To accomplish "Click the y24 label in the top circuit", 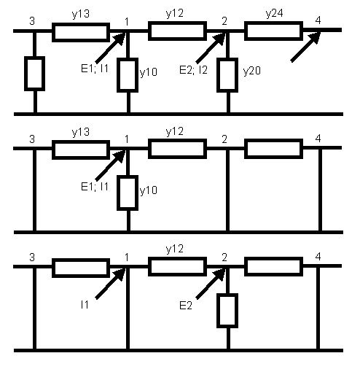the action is (x=274, y=14).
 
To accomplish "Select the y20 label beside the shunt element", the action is (x=252, y=71).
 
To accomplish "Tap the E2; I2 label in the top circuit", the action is (x=193, y=70).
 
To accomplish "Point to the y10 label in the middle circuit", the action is (x=149, y=190).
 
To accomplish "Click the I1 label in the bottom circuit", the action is (x=85, y=305).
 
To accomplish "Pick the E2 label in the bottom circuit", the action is (x=186, y=306).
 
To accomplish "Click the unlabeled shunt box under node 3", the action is (x=34, y=74).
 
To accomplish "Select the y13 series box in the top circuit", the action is (x=81, y=32).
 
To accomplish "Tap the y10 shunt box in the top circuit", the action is (x=128, y=75).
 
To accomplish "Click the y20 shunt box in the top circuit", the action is (x=227, y=75).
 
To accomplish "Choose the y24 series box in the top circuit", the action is (x=273, y=31).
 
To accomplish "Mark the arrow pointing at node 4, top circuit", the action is (x=305, y=47).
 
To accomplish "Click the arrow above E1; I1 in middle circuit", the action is (x=110, y=166).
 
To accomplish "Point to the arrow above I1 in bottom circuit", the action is (x=110, y=284).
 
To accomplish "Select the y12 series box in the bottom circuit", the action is (x=177, y=266).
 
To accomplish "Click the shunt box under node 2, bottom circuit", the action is (x=227, y=311).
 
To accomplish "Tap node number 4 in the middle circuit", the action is (x=318, y=139).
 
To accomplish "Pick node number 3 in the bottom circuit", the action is (x=32, y=257).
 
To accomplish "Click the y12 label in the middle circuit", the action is (x=175, y=131).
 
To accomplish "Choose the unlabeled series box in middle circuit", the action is (x=273, y=149).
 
